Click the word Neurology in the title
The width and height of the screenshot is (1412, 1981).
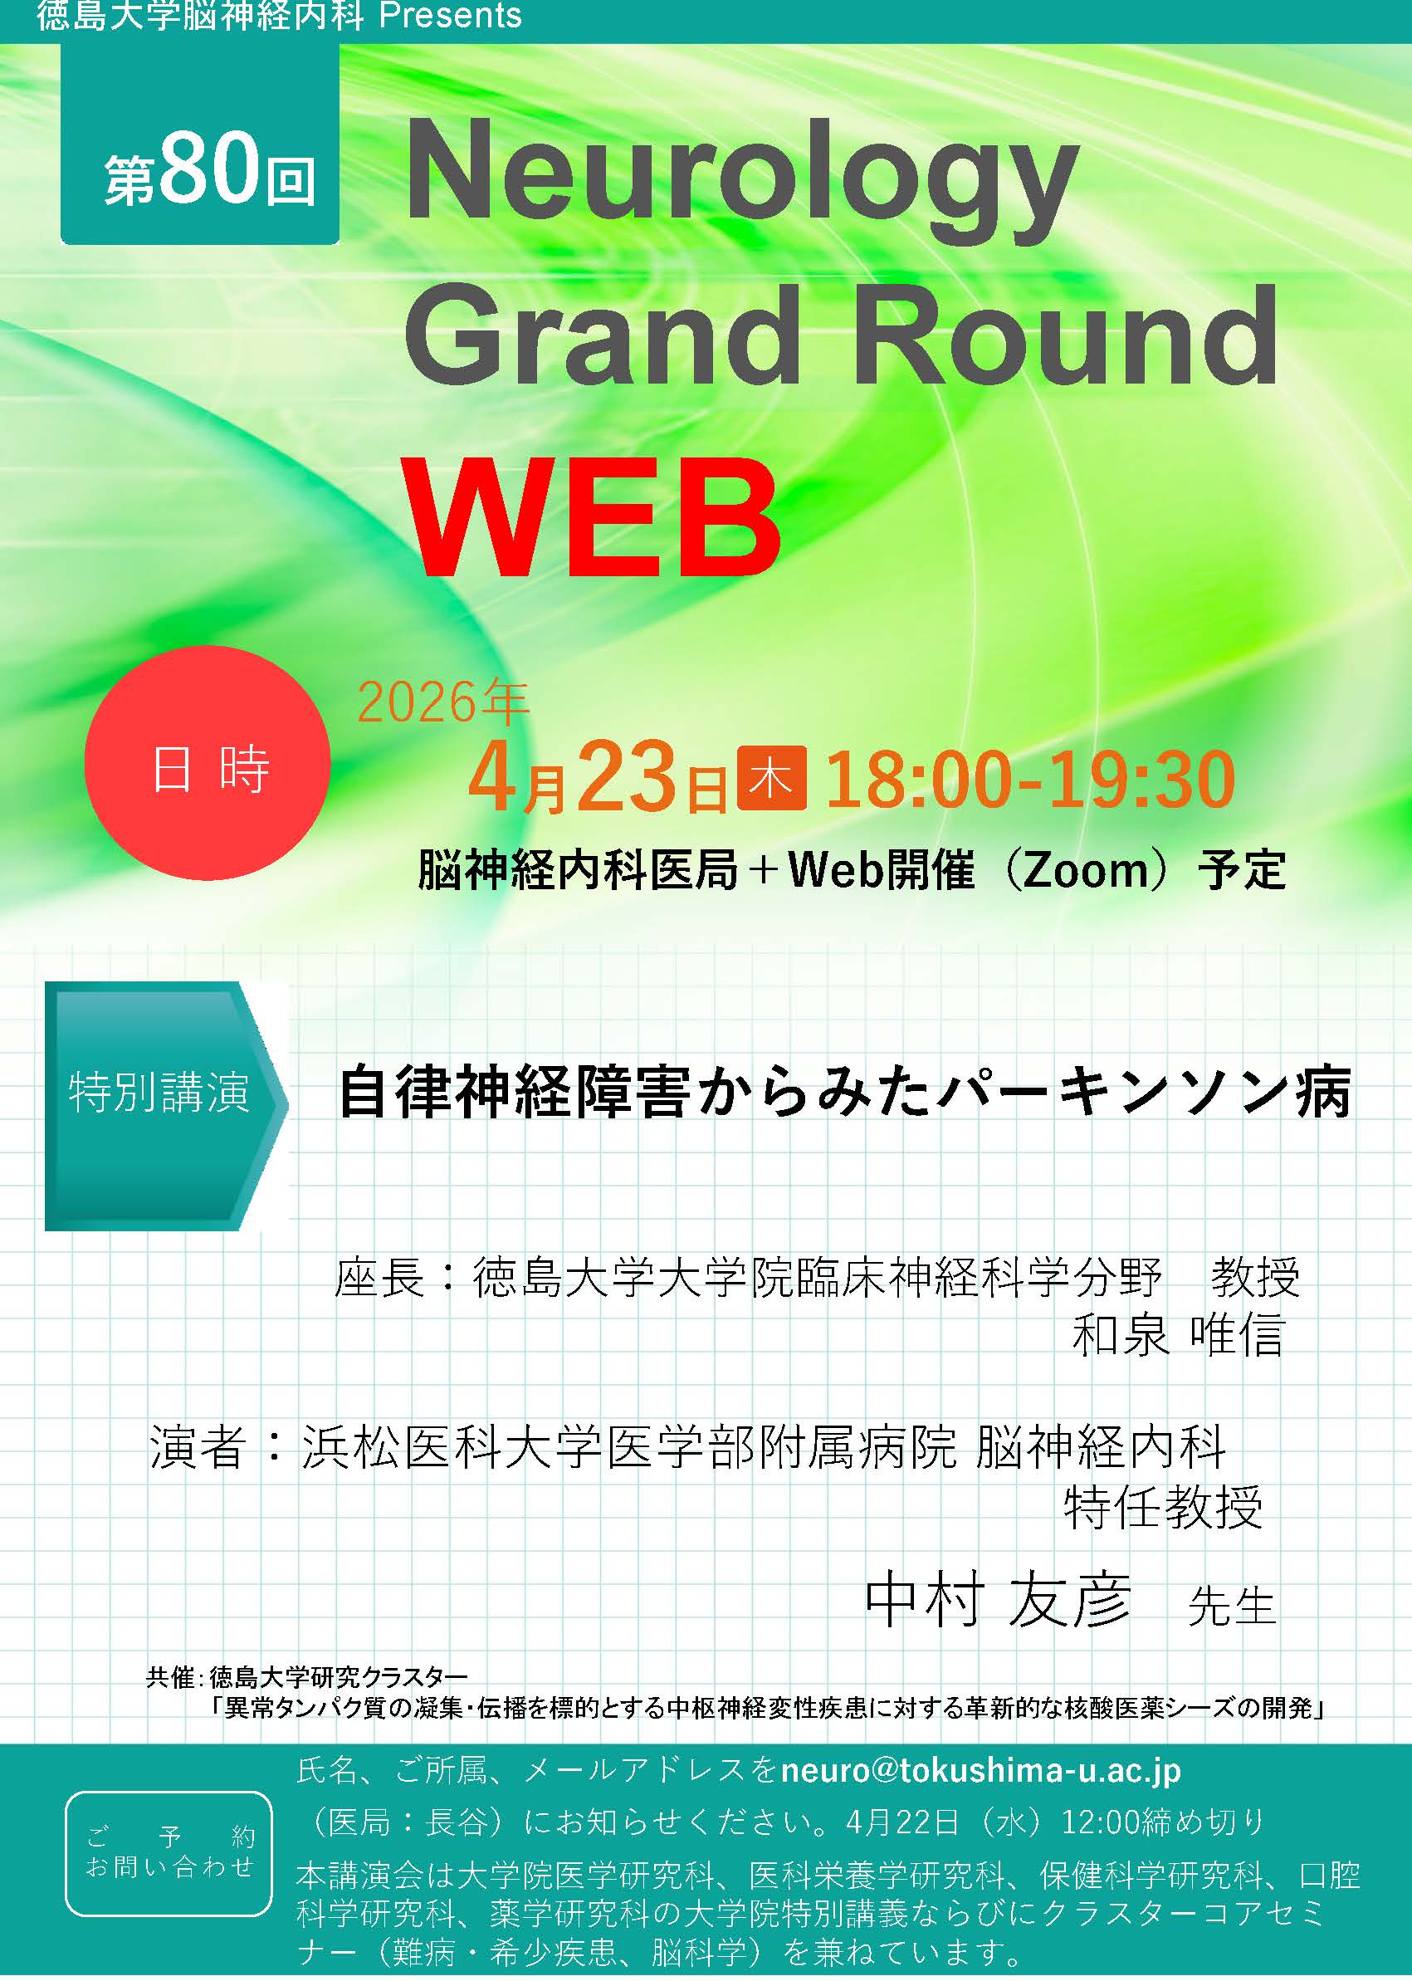741,180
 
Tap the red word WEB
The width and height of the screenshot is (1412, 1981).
592,518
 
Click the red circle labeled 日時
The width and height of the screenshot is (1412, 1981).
208,763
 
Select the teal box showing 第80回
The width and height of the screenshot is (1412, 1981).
200,144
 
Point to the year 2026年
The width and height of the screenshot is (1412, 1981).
442,702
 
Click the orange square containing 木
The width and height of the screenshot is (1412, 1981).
770,778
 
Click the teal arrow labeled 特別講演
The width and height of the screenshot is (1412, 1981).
166,1105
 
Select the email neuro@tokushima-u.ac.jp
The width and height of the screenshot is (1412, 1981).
980,1771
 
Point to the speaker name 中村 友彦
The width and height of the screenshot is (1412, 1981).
998,1600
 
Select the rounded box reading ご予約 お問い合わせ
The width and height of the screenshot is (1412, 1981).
169,1853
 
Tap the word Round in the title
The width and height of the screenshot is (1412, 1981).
1066,335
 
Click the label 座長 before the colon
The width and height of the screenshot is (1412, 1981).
379,1278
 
